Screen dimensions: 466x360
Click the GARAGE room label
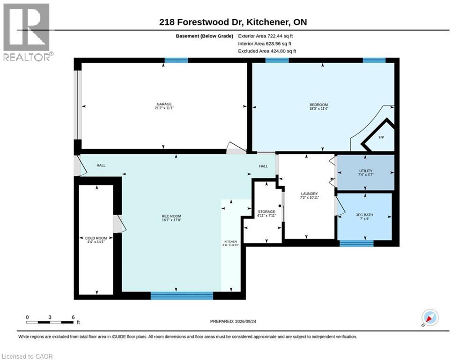pyautogui.click(x=164, y=104)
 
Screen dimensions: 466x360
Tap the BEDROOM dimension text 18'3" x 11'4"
pyautogui.click(x=318, y=109)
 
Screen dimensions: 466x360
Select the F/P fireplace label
pyautogui.click(x=381, y=137)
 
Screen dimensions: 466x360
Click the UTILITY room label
pyautogui.click(x=366, y=171)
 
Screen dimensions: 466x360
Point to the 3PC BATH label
pyautogui.click(x=364, y=215)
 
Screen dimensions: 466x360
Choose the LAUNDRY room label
pyautogui.click(x=310, y=194)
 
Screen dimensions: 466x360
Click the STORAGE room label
pyautogui.click(x=266, y=211)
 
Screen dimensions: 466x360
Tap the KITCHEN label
pyautogui.click(x=230, y=241)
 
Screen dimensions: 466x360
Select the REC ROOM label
pyautogui.click(x=171, y=216)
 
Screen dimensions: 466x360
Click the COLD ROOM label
pyautogui.click(x=96, y=238)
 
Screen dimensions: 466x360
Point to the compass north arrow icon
pyautogui.click(x=430, y=318)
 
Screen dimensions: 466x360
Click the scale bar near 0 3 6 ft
pyautogui.click(x=50, y=322)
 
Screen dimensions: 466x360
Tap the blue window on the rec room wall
pyautogui.click(x=182, y=295)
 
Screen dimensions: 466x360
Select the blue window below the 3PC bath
pyautogui.click(x=356, y=243)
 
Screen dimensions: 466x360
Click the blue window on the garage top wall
pyautogui.click(x=176, y=60)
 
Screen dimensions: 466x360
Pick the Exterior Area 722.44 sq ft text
pyautogui.click(x=266, y=36)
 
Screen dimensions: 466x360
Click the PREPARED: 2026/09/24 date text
pyautogui.click(x=233, y=321)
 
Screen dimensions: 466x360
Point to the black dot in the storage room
pyautogui.click(x=280, y=206)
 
